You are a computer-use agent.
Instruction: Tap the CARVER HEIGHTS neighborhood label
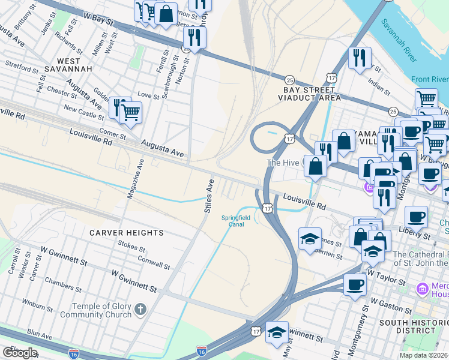126,232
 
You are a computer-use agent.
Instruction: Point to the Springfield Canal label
236,221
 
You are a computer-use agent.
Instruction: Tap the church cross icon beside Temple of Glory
140,310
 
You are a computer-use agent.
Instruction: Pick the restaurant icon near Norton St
194,37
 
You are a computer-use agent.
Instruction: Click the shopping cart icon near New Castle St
130,112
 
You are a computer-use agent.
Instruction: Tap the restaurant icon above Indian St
360,58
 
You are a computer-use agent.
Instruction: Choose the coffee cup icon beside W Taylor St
355,284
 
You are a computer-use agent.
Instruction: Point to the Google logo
20,353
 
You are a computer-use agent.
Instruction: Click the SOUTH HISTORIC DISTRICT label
414,327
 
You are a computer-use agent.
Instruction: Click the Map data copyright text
424,355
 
